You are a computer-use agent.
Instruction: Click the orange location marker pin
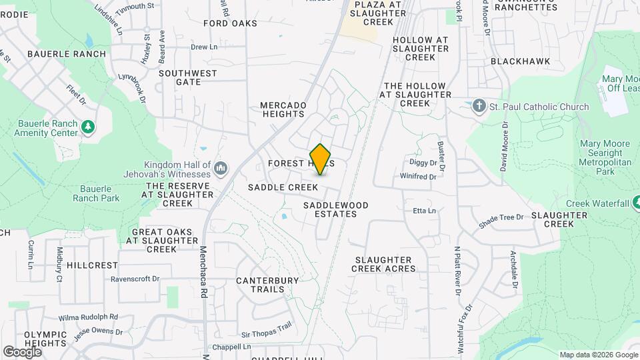click(321, 159)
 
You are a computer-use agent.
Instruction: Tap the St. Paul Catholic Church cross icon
click(478, 107)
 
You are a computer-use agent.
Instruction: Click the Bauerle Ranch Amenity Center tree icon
click(87, 127)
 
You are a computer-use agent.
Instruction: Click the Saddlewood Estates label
click(330, 209)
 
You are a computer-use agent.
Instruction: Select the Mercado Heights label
click(283, 109)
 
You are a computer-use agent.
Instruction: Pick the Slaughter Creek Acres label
click(385, 264)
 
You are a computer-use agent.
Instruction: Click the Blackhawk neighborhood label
click(520, 61)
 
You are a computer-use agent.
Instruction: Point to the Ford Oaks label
click(230, 23)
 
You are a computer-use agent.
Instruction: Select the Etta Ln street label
click(424, 211)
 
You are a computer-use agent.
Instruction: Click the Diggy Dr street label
click(423, 162)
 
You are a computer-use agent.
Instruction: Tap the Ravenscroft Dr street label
click(135, 279)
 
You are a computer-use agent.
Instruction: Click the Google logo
click(22, 351)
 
